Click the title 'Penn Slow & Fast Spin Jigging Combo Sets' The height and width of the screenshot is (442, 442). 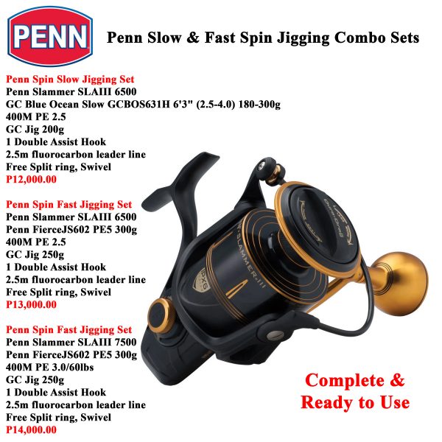coord(264,38)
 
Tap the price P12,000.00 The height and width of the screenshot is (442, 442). coord(31,178)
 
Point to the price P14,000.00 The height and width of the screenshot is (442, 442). coord(31,429)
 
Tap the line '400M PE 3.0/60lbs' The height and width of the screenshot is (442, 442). coord(53,367)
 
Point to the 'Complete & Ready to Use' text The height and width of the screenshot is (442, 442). coord(355,391)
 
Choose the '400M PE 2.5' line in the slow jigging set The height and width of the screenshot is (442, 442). coord(37,116)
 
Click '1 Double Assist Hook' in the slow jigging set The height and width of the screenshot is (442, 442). coord(55,141)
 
